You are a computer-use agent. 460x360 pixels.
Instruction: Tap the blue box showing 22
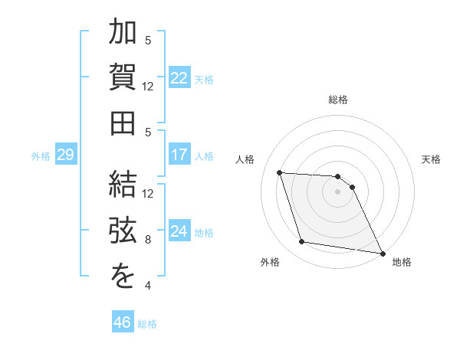(x=179, y=77)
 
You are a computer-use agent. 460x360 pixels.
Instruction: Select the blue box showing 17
(x=179, y=155)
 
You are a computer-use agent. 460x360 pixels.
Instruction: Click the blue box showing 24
(x=179, y=231)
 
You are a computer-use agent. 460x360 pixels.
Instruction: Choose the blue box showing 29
(x=65, y=155)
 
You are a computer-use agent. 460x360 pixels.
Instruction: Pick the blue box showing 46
(x=122, y=322)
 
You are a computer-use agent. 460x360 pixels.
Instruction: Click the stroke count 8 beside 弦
(x=149, y=240)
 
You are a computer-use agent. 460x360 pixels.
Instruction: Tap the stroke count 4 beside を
(x=149, y=286)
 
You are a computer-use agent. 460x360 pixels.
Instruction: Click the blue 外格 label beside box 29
(x=41, y=156)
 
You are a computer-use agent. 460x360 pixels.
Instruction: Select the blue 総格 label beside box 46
(x=147, y=323)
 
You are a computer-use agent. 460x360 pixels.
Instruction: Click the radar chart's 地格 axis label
(x=402, y=262)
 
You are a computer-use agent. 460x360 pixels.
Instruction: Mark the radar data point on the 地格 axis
(x=381, y=253)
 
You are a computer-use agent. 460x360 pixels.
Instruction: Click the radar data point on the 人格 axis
(x=280, y=172)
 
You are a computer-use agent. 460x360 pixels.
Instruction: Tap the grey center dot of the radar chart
(x=337, y=192)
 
